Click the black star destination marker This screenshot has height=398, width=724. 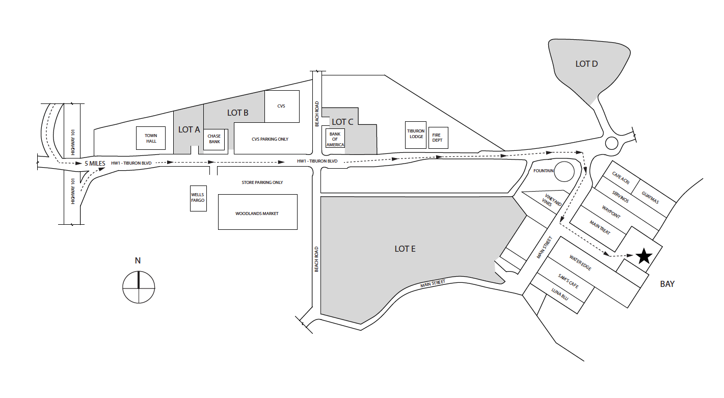tap(644, 256)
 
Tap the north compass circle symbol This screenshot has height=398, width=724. tap(139, 287)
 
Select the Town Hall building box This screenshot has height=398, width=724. tap(151, 138)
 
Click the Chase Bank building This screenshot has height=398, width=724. tap(214, 139)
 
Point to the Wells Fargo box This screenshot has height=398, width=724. tap(198, 198)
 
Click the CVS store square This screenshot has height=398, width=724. tap(281, 106)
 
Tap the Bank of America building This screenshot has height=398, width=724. tap(335, 139)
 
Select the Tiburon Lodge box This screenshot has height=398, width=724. tap(416, 135)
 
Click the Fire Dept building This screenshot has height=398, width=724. tap(438, 138)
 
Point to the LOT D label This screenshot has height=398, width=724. tap(586, 64)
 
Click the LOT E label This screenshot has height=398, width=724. tap(405, 249)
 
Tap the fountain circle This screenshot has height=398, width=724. tap(565, 172)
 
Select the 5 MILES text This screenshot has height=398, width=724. tap(94, 163)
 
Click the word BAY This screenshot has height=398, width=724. tap(667, 284)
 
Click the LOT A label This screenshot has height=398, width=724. tap(189, 129)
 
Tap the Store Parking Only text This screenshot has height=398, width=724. tap(262, 182)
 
